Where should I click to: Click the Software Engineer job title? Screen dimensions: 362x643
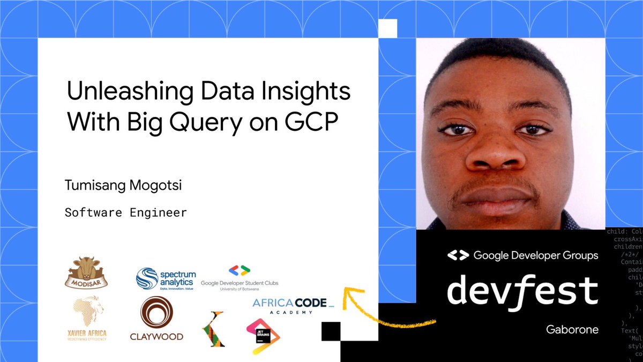click(126, 212)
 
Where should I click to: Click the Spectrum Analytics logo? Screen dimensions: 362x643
click(166, 279)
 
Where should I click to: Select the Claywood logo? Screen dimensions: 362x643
click(156, 319)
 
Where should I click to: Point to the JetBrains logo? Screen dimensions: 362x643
click(263, 336)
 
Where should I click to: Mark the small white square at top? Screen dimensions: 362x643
click(387, 28)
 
